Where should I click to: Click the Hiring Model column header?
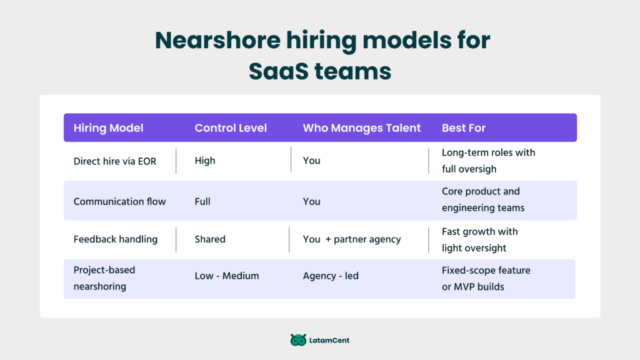108,128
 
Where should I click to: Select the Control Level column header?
231,128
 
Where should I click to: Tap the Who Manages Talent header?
362,128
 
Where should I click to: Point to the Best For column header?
464,128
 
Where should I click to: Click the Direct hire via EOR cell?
115,161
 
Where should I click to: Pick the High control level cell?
205,161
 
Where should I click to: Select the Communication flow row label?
119,202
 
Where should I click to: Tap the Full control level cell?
202,202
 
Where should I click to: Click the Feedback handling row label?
116,239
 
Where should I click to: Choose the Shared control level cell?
210,239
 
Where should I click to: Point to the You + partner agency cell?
352,239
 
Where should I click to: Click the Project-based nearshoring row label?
104,278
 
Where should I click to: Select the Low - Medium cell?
227,276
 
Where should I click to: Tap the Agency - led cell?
331,276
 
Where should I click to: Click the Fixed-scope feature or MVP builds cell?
486,279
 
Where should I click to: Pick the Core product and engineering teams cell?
483,199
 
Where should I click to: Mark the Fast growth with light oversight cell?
480,240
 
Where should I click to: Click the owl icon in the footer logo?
298,340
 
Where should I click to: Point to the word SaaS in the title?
279,71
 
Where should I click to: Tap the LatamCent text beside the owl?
329,341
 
